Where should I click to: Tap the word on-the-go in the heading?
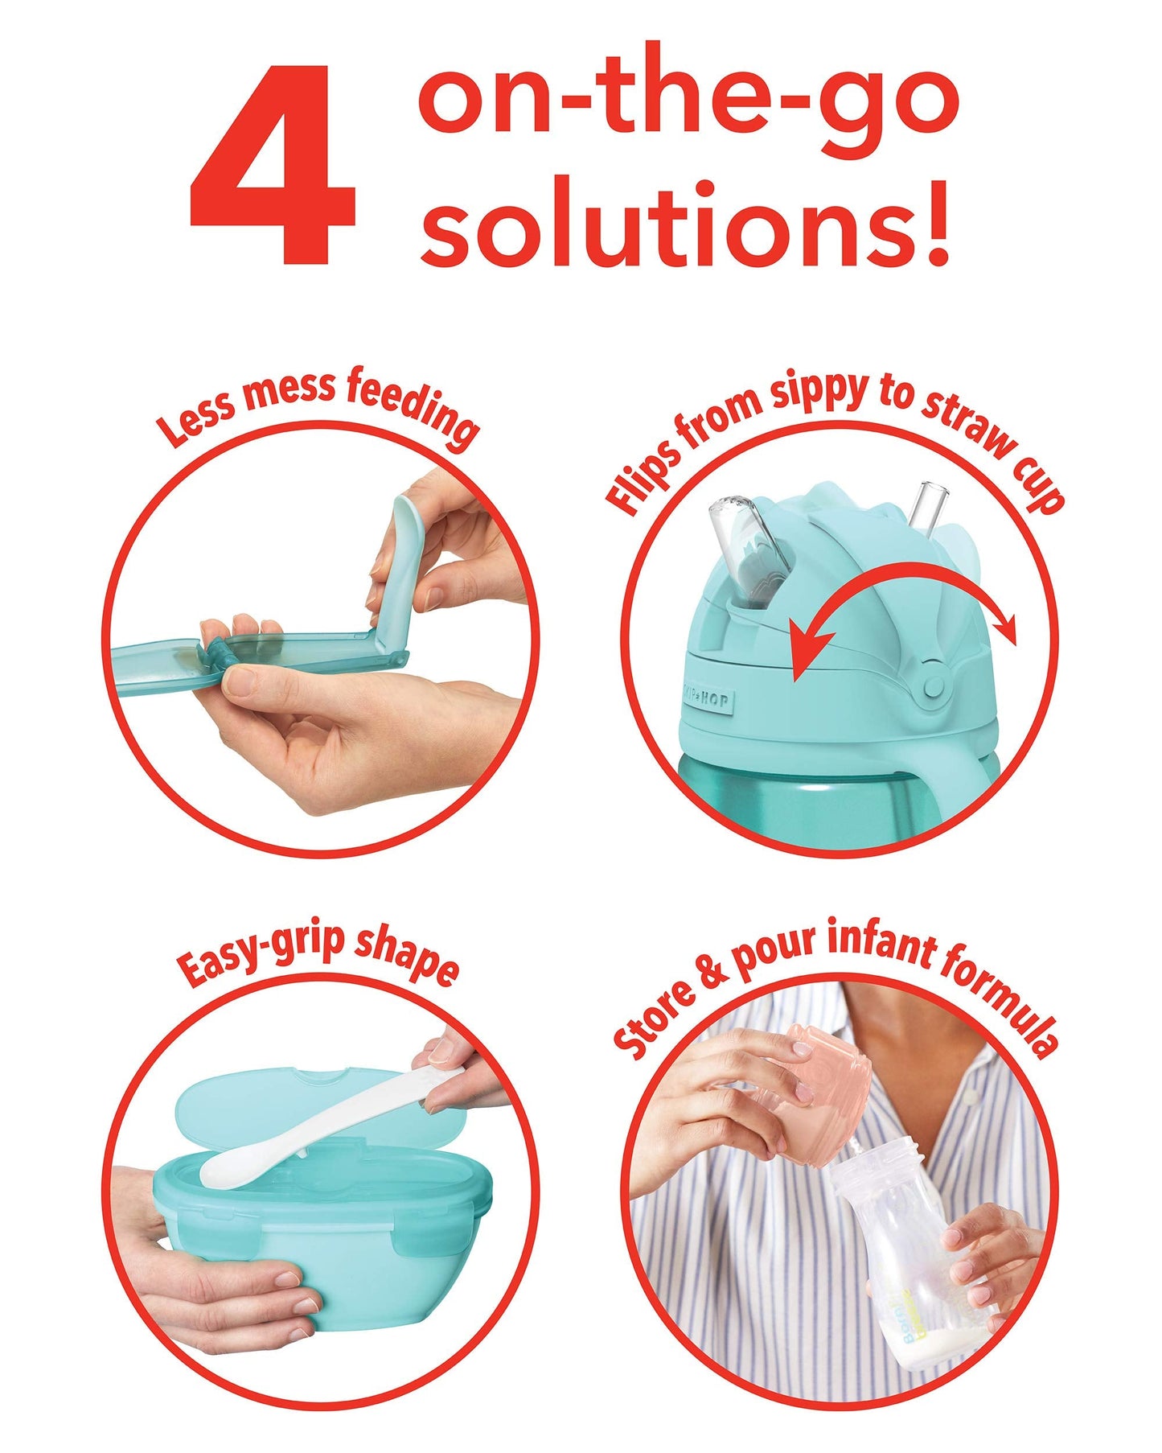[688, 101]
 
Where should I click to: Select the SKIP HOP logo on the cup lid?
[707, 698]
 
